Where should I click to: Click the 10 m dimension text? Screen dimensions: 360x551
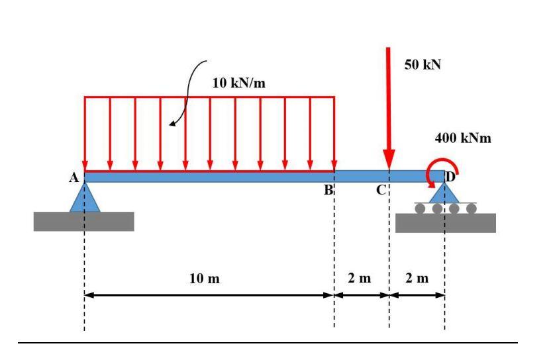[x=209, y=278]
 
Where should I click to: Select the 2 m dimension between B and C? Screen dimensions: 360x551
[x=361, y=278]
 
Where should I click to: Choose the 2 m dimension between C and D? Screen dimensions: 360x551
[x=417, y=278]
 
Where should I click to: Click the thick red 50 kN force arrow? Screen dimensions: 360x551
[x=389, y=106]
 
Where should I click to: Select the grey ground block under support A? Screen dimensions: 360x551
[x=83, y=221]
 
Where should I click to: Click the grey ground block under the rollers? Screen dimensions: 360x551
[x=445, y=223]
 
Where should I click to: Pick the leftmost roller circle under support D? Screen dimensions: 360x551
[x=420, y=208]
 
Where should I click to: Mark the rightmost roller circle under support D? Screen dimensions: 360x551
[x=471, y=208]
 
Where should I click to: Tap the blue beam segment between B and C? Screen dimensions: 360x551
[x=361, y=176]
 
